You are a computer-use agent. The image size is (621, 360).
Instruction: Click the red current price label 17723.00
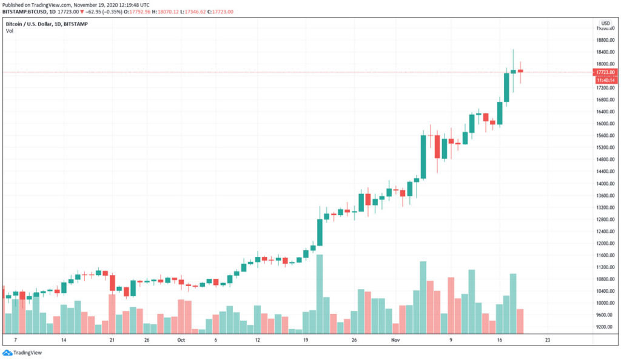[606, 72]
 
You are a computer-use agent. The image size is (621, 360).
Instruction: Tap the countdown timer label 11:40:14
[606, 80]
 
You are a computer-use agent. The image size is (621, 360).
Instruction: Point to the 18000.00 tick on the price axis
[606, 64]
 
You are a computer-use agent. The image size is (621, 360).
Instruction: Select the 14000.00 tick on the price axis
[606, 184]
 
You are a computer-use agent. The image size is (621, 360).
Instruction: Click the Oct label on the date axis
[180, 341]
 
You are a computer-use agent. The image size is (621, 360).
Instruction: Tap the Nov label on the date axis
[395, 341]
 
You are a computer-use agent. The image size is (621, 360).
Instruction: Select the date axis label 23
[548, 341]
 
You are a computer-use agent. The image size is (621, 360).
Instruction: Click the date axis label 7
[15, 341]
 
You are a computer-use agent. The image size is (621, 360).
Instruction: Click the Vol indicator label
[10, 31]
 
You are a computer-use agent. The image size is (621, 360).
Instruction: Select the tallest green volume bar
[319, 294]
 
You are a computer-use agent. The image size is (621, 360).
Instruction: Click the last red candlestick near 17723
[520, 72]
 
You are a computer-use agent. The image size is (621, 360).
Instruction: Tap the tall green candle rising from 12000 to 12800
[320, 232]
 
